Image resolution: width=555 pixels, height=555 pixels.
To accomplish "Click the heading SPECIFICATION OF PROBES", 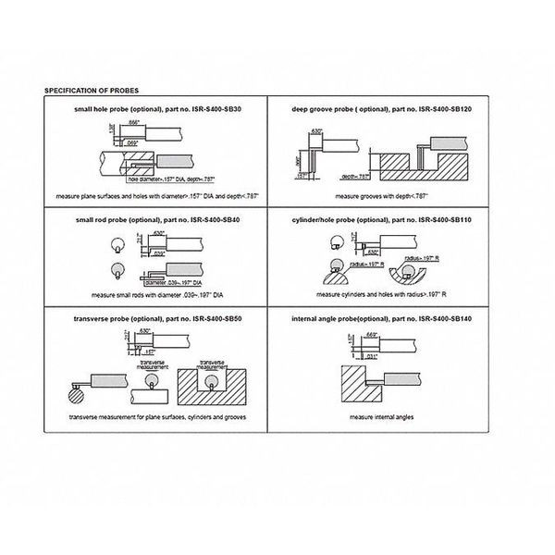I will pos(86,92).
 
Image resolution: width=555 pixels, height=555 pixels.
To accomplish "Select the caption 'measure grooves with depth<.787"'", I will pos(403,196).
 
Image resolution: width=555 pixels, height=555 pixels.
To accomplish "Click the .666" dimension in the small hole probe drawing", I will pos(134,122).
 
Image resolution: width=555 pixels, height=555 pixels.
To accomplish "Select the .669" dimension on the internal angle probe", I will pos(373,334).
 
